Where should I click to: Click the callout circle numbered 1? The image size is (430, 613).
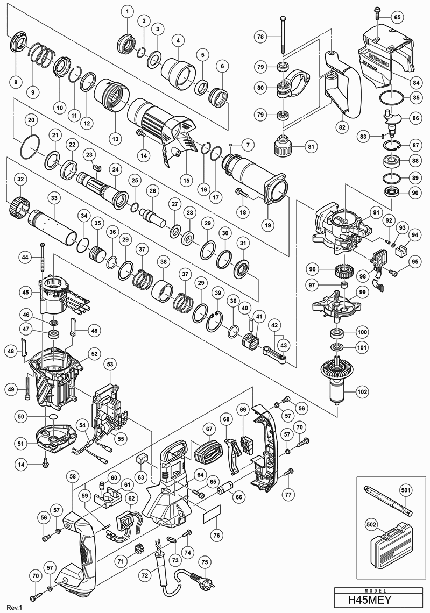[127, 11]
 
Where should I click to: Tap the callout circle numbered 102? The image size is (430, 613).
[362, 392]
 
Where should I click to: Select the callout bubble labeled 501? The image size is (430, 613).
[405, 490]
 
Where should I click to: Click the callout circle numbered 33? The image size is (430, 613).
[54, 198]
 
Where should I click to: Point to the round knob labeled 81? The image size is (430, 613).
[280, 145]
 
